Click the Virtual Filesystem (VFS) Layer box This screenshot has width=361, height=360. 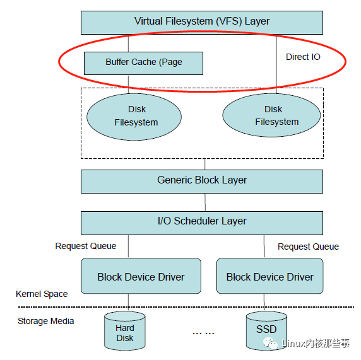[202, 22]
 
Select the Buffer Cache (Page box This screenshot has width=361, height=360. [143, 62]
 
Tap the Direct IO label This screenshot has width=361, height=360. [303, 57]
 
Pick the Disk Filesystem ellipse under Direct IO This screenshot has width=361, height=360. [273, 116]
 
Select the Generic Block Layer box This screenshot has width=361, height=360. [202, 180]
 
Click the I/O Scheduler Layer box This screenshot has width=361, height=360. [202, 221]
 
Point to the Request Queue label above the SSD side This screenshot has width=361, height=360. [308, 247]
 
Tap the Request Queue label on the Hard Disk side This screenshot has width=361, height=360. [86, 246]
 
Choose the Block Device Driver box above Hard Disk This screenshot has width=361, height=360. [141, 276]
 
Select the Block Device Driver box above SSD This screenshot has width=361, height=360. [269, 276]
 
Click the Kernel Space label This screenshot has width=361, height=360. [42, 294]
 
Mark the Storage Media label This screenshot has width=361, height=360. [45, 321]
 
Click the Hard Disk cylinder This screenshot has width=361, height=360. [125, 332]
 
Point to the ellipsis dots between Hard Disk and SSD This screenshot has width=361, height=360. [204, 332]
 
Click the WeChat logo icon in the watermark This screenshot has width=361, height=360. [273, 344]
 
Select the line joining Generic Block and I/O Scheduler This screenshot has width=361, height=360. [204, 202]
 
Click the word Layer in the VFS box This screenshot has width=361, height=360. [257, 21]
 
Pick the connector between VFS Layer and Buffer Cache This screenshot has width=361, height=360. [129, 43]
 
